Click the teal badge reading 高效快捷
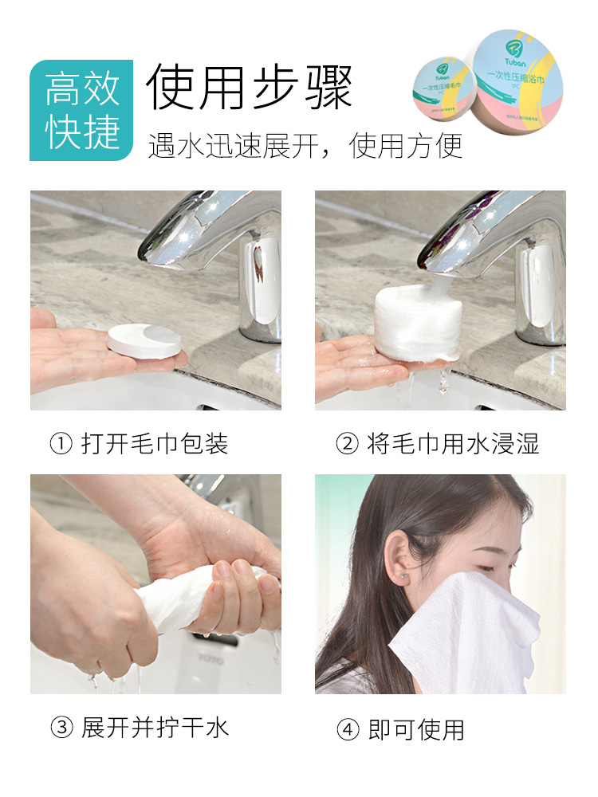click(x=81, y=110)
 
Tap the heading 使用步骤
click(x=249, y=87)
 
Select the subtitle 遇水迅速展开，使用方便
click(x=305, y=147)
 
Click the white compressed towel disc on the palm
click(x=144, y=341)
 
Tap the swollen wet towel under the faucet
click(x=415, y=323)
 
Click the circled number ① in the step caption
click(x=61, y=444)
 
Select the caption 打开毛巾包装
click(x=155, y=444)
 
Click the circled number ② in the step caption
click(x=347, y=444)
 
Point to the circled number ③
click(x=61, y=728)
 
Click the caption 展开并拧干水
click(x=155, y=728)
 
